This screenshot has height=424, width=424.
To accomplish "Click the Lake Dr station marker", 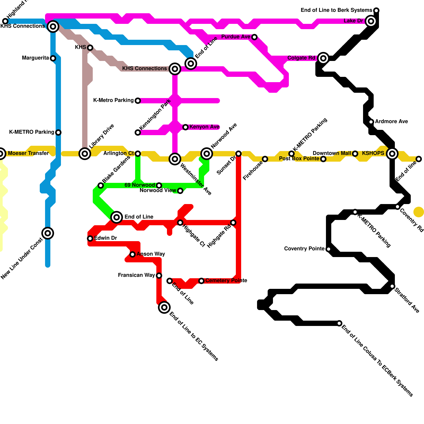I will tap(371, 21).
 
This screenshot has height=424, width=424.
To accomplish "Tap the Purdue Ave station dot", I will tap(254, 37).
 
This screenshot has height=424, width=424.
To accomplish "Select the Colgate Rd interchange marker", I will tap(323, 58).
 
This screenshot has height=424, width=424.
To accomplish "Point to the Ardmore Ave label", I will tap(391, 122).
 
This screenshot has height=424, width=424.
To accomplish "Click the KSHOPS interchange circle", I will tap(392, 154).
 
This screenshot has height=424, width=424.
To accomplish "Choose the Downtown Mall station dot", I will tap(355, 154).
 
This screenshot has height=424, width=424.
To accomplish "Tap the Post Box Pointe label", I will tap(299, 159).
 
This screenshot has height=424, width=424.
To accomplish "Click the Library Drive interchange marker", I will tap(85, 154).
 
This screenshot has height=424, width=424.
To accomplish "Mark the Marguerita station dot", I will tap(53, 58).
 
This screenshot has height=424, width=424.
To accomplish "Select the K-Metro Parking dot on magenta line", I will tap(138, 101).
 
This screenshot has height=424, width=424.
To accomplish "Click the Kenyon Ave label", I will tap(204, 127).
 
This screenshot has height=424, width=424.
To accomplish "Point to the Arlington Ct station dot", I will tap(138, 154).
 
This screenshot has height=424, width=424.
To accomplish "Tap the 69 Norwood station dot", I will tap(159, 185).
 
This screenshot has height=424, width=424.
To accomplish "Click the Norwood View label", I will tap(158, 191).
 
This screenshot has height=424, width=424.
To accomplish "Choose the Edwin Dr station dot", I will tap(90, 238).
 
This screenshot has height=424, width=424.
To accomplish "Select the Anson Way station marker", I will tap(132, 254).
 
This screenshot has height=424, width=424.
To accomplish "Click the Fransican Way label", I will tap(136, 275).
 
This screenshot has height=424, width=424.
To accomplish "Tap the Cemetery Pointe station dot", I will tap(201, 281).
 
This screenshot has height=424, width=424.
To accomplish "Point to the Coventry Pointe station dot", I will tap(329, 249).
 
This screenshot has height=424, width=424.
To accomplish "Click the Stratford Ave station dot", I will tap(392, 286).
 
